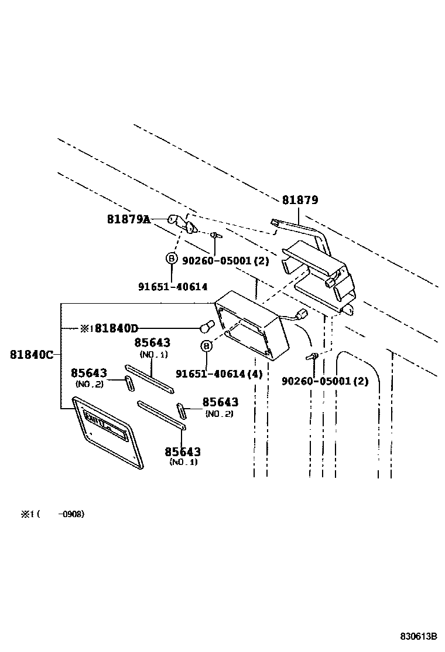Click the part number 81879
(x=300, y=200)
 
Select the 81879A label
(x=128, y=219)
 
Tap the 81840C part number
(x=32, y=354)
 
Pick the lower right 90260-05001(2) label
(x=325, y=381)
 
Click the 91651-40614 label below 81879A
(x=173, y=286)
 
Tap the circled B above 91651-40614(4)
(x=206, y=347)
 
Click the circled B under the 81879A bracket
(x=171, y=258)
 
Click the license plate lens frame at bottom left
(x=109, y=431)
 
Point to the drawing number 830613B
(x=419, y=637)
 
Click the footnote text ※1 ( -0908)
(x=53, y=514)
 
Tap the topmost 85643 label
(x=152, y=342)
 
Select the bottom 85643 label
(x=183, y=451)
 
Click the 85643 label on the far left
(x=89, y=373)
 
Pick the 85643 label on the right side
(x=220, y=402)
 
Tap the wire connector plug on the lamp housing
(x=302, y=313)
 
